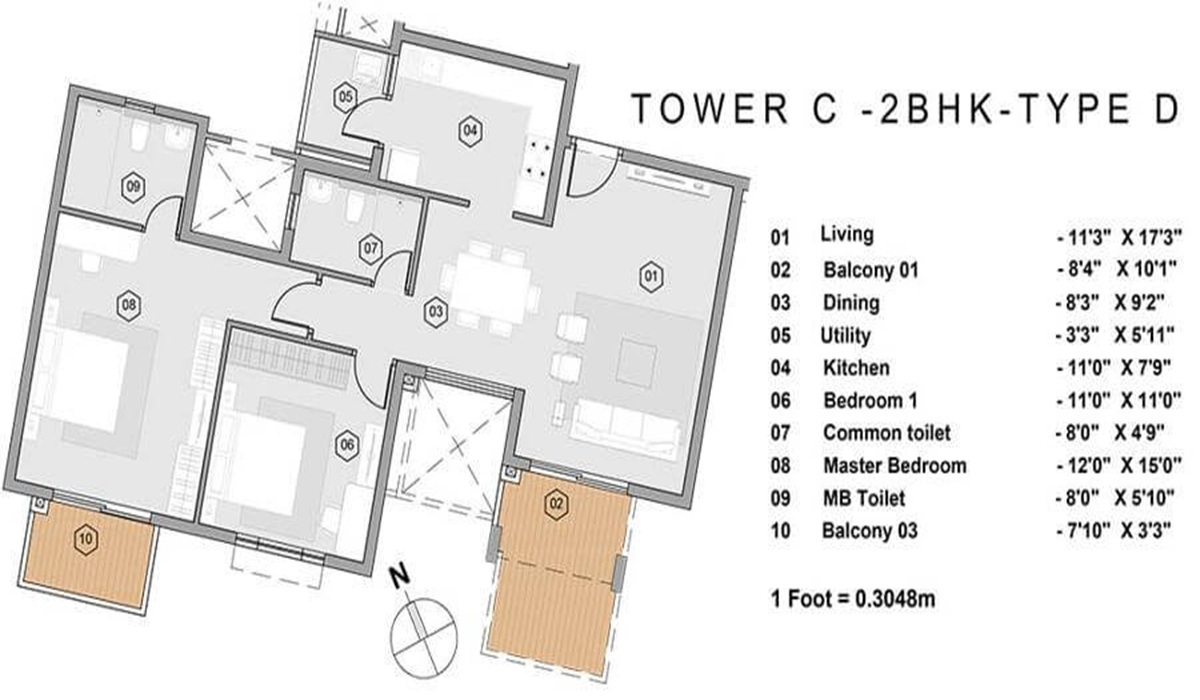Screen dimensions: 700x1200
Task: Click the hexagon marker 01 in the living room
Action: click(x=652, y=273)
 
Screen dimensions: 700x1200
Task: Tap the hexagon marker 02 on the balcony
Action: click(x=555, y=503)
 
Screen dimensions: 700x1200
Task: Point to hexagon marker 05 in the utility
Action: click(x=346, y=97)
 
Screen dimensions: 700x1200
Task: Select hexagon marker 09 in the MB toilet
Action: click(x=131, y=185)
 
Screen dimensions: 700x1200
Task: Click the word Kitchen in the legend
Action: click(x=856, y=368)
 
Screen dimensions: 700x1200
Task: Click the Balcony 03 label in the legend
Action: click(x=870, y=531)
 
